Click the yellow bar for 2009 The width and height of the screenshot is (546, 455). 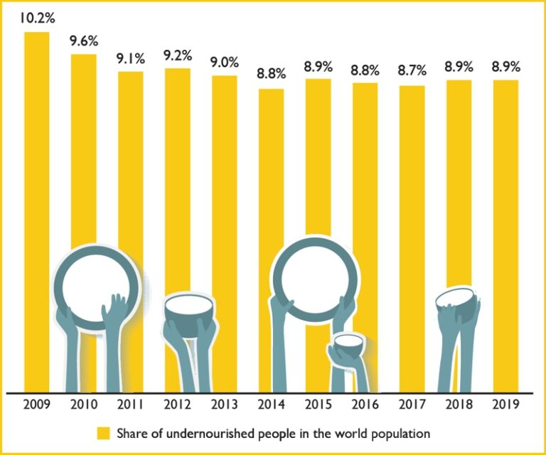37,178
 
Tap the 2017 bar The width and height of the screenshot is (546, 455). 412,213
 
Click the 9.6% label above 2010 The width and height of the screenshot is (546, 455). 83,41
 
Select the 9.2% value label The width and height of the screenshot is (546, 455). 177,55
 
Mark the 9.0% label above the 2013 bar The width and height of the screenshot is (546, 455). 224,63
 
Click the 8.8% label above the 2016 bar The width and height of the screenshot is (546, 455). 365,70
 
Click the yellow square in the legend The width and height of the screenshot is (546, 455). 104,432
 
